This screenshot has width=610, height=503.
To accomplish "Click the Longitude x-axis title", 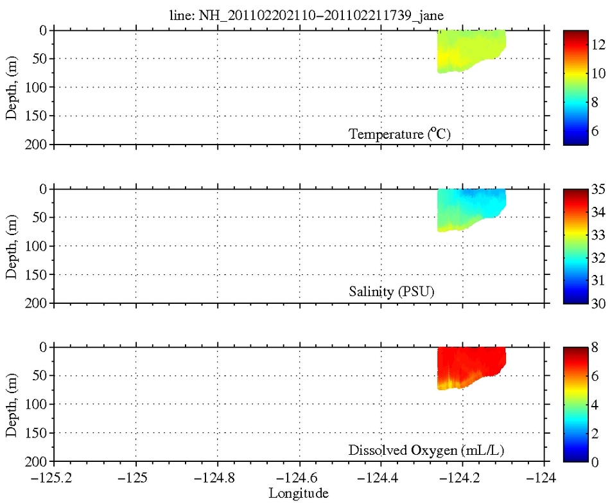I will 299,493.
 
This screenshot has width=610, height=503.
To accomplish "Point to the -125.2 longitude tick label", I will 54,479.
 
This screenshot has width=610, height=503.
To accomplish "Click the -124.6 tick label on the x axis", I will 299,479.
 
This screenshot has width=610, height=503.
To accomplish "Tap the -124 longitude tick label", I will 545,479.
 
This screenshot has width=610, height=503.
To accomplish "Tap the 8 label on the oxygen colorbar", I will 596,348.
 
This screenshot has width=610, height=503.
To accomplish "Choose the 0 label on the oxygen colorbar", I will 596,461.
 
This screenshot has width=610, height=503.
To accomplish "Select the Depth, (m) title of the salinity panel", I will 11,246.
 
